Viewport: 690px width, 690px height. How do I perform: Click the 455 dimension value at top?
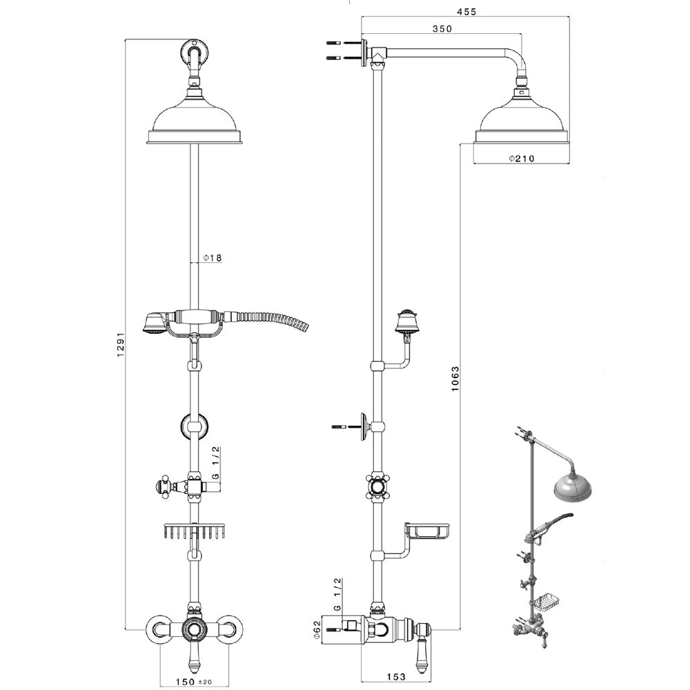pos(466,12)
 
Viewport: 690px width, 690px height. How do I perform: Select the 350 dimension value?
pos(442,28)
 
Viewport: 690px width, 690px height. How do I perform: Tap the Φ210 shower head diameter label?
pos(522,158)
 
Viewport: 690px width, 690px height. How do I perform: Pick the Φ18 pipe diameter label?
pos(212,258)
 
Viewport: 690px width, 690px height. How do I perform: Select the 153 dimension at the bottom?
pos(395,676)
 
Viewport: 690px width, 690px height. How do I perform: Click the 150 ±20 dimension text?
pos(194,681)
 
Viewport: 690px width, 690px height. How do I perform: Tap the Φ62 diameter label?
pos(327,631)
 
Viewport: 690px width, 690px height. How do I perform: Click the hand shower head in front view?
pos(154,322)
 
